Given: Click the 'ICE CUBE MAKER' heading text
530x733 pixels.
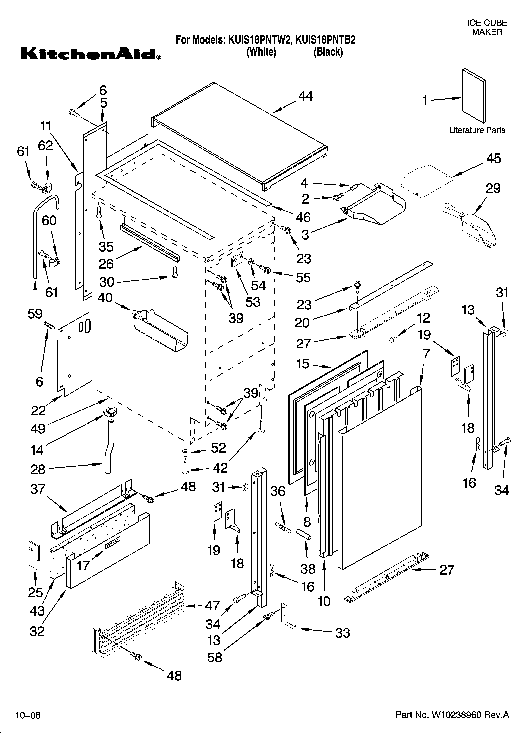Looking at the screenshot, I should [487, 27].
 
